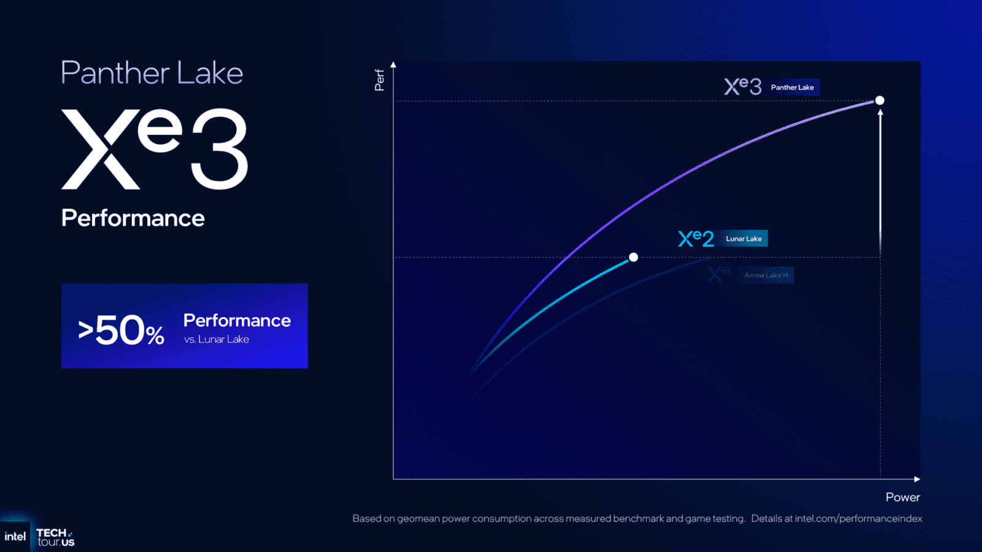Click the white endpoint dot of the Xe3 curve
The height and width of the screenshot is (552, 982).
point(880,100)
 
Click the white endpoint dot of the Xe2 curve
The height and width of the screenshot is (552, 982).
point(633,257)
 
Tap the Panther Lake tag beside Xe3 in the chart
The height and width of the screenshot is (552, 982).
point(792,87)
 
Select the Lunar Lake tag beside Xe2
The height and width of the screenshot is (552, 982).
point(743,239)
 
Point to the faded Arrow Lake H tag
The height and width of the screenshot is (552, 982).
point(766,275)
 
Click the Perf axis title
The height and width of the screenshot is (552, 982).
point(379,80)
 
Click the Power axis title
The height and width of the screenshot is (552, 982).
point(902,497)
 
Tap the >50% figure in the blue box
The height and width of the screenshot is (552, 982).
point(122,331)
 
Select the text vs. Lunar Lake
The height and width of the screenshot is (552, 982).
point(217,340)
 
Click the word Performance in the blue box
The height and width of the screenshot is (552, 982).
point(237,320)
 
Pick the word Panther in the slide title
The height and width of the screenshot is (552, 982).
point(115,73)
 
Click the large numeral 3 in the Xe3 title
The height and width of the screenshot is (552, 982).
point(219,149)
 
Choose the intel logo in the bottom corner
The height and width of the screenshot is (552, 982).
point(15,537)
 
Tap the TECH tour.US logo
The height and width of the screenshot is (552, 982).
point(55,537)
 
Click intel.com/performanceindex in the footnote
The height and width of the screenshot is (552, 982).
point(858,519)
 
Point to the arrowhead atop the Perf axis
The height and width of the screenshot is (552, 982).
point(393,64)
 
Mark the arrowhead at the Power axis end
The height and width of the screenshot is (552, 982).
point(917,479)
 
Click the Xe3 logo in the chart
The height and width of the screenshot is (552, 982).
point(742,86)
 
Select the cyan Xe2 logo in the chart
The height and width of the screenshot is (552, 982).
point(696,239)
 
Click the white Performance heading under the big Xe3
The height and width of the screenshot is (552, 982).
point(133,218)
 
